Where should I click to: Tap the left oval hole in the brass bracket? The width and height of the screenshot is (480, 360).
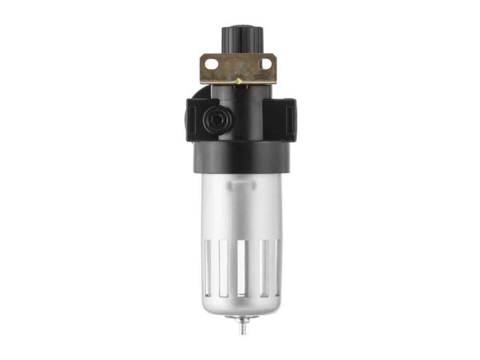coord(212,63)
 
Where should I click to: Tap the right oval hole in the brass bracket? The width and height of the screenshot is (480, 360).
coord(265,63)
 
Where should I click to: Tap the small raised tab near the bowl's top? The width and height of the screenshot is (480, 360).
coord(240,184)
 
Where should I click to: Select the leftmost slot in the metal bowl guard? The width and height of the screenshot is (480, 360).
coord(208,268)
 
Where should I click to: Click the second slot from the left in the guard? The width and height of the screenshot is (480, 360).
coord(224,268)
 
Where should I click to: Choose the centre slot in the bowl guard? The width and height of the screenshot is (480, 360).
coord(242,268)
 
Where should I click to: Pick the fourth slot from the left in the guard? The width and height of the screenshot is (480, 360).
coord(264,268)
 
